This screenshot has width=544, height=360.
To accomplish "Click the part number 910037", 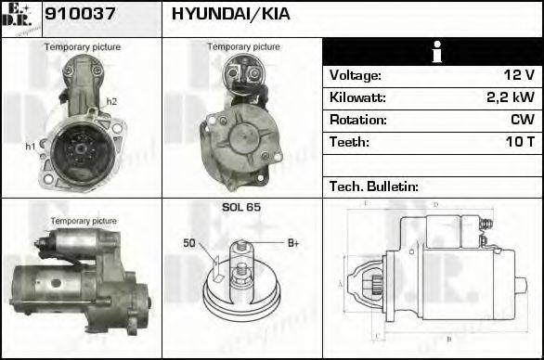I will click(74, 16).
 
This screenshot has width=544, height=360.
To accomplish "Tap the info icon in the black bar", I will click(432, 53).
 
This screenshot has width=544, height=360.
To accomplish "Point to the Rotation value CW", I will click(521, 121).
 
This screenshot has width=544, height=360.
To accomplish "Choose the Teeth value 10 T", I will click(517, 143).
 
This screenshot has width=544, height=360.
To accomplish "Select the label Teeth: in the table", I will click(349, 143).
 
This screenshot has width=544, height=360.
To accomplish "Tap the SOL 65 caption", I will click(241, 207).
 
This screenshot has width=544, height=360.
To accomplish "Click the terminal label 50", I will click(189, 244).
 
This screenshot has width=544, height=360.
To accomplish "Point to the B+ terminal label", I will click(293, 244).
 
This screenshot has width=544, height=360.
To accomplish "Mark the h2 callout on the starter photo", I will click(111, 101).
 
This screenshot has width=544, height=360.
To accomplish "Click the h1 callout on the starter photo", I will click(30, 146).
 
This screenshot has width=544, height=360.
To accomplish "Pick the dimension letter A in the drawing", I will click(340, 283).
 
